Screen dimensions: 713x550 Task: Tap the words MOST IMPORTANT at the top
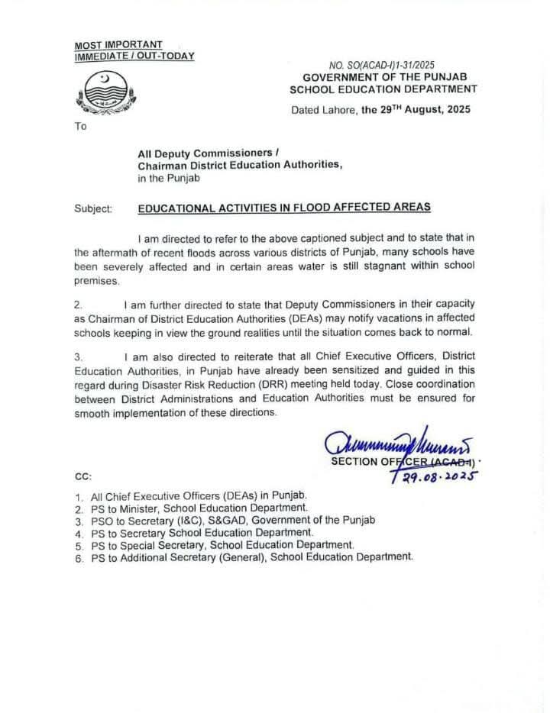pos(118,45)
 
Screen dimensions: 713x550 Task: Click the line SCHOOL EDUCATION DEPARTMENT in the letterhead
pos(383,89)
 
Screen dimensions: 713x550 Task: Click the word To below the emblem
pos(80,126)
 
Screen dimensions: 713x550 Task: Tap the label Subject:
pos(93,208)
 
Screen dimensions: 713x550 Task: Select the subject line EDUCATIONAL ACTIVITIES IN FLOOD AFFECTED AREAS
pos(284,207)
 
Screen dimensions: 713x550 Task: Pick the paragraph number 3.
pos(79,356)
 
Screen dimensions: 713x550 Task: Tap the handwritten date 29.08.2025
pos(434,476)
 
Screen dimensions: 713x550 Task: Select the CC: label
pos(83,476)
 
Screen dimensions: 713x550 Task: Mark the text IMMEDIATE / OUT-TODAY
pos(134,56)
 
